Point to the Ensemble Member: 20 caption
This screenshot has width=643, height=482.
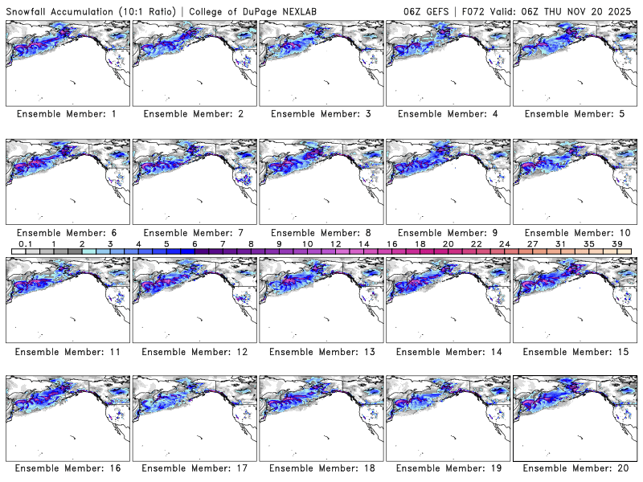573,468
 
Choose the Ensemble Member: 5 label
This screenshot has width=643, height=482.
573,114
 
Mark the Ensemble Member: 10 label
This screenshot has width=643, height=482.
573,232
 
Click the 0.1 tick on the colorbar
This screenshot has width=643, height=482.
25,243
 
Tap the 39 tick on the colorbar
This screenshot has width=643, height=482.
617,243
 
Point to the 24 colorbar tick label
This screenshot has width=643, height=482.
504,243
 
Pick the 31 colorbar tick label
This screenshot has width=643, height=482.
560,243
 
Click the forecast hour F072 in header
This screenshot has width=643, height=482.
489,9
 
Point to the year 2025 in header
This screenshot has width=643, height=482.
622,9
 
